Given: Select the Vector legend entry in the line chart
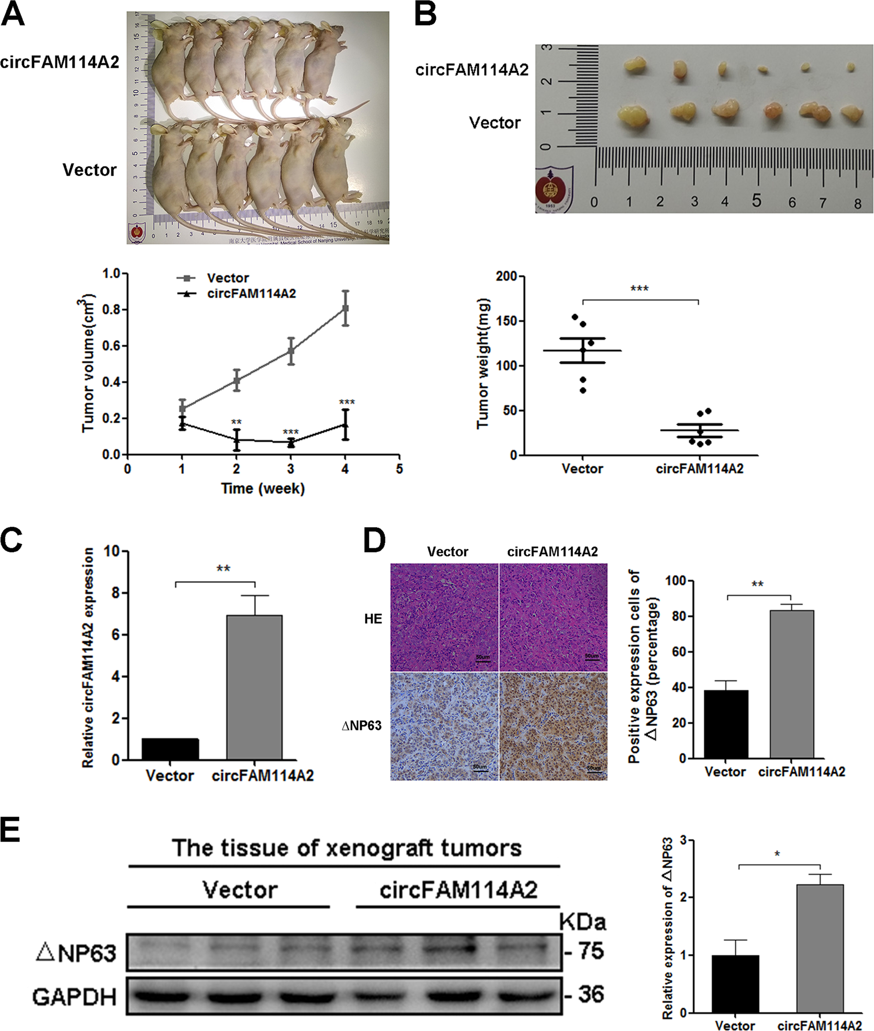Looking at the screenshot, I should point(227,278).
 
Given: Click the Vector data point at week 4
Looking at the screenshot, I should point(345,308).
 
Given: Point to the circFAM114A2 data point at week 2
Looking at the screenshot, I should point(236,441).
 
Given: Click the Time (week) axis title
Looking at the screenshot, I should point(263,489).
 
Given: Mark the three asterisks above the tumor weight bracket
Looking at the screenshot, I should point(640,289).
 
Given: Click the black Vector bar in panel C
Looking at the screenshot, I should point(170,749).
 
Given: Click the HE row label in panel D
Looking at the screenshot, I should point(373,619).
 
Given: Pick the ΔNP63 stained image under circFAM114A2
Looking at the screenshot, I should point(553,726).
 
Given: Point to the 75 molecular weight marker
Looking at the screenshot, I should point(591,951).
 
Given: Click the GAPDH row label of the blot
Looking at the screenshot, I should point(75,997).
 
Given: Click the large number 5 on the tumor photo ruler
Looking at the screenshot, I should point(757,200).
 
